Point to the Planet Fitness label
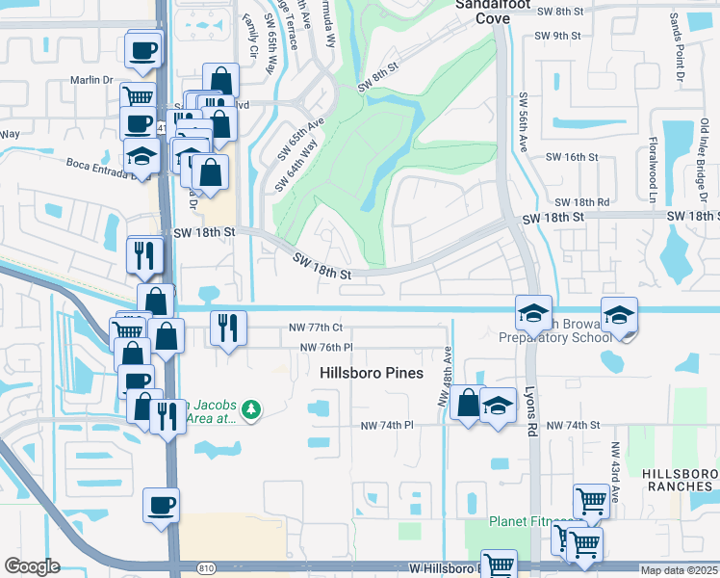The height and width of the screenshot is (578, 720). click(x=530, y=521)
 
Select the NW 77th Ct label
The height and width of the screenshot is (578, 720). click(x=315, y=328)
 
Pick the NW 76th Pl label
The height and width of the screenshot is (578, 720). click(x=326, y=348)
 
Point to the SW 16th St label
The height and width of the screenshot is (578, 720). click(x=572, y=156)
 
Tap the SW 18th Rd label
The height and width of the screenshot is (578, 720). click(x=582, y=202)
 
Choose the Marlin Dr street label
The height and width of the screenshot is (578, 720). click(x=91, y=81)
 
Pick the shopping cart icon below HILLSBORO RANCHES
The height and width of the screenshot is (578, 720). click(x=591, y=500)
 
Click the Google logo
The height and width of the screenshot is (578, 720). click(x=32, y=566)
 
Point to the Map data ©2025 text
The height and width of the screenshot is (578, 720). click(x=680, y=570)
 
